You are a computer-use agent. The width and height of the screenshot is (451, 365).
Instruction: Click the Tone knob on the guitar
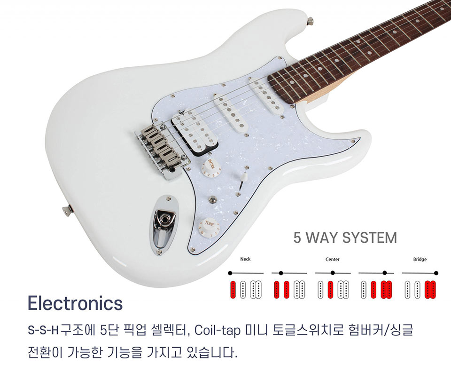207,226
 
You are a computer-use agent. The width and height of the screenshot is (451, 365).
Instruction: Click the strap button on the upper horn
310,21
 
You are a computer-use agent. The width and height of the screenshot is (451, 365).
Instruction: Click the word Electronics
75,303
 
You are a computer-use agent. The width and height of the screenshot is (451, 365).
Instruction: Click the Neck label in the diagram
245,259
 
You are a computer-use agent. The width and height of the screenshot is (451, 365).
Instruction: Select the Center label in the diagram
332,259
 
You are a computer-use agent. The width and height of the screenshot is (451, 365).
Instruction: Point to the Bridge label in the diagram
420,259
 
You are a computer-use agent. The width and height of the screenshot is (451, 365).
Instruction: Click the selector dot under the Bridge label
436,273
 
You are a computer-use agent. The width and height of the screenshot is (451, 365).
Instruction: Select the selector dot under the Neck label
230,273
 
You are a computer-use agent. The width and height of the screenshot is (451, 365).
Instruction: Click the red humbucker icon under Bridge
430,289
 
